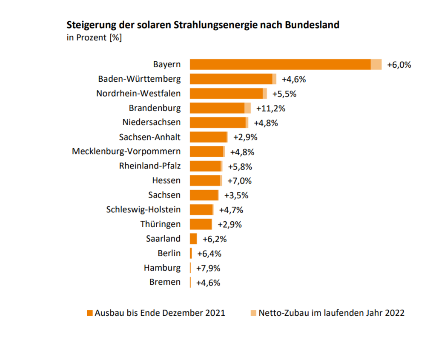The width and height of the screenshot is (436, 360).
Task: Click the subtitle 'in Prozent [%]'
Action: pyautogui.click(x=94, y=37)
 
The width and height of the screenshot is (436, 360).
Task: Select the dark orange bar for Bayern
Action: pyautogui.click(x=280, y=64)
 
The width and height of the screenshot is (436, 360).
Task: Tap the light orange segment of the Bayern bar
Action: pyautogui.click(x=376, y=64)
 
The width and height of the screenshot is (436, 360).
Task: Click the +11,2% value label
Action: pyautogui.click(x=271, y=108)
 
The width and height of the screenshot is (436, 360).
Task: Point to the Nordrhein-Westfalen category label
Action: pyautogui.click(x=138, y=93)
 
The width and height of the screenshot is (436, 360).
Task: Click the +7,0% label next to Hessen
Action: pyautogui.click(x=239, y=181)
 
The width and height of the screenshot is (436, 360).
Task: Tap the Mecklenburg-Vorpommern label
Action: pyautogui.click(x=126, y=151)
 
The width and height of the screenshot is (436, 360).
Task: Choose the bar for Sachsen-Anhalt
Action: pyautogui.click(x=208, y=137)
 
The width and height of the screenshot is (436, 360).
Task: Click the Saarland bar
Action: pyautogui.click(x=193, y=238)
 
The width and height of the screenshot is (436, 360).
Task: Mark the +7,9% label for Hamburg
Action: pyautogui.click(x=208, y=268)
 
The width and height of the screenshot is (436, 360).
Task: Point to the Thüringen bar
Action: pyautogui.click(x=201, y=224)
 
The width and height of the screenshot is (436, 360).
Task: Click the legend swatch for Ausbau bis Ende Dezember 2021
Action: pyautogui.click(x=89, y=313)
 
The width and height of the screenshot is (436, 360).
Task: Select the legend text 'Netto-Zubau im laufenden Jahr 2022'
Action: pyautogui.click(x=331, y=313)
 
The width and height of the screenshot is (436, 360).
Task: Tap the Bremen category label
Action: pyautogui.click(x=165, y=282)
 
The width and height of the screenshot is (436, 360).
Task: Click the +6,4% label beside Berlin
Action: pyautogui.click(x=209, y=254)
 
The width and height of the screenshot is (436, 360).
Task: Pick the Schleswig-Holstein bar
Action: pyautogui.click(x=201, y=209)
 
